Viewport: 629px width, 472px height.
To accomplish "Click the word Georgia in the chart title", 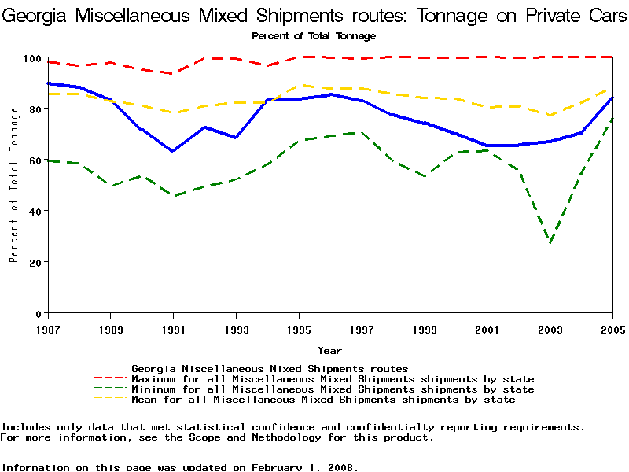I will [x=39, y=13].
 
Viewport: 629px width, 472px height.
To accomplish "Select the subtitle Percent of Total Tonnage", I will [x=314, y=35].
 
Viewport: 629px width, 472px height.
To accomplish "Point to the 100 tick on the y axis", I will [x=31, y=57].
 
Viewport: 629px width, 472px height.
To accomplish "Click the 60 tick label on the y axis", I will [x=35, y=160].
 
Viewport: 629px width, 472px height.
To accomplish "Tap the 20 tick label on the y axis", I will [x=35, y=262].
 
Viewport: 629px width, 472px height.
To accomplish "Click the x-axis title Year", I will [x=329, y=351].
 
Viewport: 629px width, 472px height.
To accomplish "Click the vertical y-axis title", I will [x=13, y=185].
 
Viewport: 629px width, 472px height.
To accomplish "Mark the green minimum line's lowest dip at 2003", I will [x=550, y=243].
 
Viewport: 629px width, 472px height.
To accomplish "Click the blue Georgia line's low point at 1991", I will [x=172, y=151].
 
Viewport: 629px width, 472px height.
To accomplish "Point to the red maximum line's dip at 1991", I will [x=172, y=73].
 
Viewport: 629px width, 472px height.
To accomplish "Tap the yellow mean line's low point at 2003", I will [x=550, y=116].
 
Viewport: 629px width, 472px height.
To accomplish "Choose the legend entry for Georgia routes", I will [x=270, y=368].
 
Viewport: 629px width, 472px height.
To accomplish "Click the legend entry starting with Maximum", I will [x=333, y=379].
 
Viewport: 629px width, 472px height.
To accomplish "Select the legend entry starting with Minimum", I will [x=333, y=389].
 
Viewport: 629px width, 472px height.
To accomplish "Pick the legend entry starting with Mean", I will [x=323, y=400].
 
